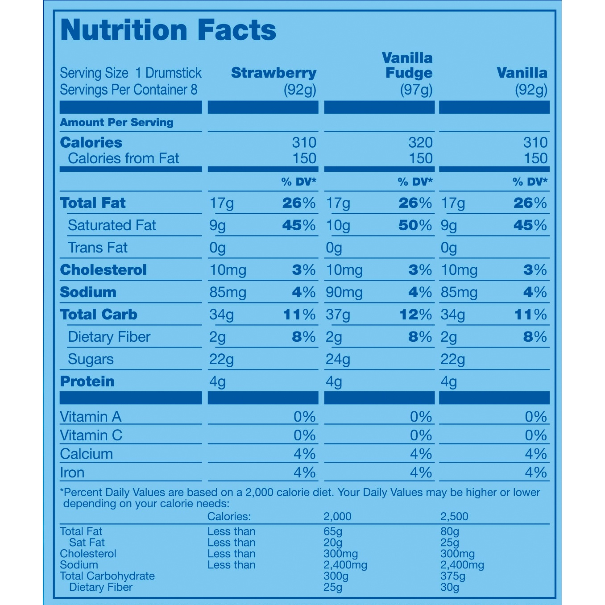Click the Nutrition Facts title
168,30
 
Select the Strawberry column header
274,74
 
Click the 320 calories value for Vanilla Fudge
421,142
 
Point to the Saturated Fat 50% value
415,225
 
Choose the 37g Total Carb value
338,315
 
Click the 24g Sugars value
338,360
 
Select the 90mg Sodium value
344,293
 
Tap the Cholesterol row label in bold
104,269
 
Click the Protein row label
87,381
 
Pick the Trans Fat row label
98,248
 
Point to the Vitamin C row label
91,435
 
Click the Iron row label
72,472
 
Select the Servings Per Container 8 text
129,90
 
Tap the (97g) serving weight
416,91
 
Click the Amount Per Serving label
116,122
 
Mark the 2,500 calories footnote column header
454,517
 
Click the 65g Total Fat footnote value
333,531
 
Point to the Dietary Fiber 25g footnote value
333,587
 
